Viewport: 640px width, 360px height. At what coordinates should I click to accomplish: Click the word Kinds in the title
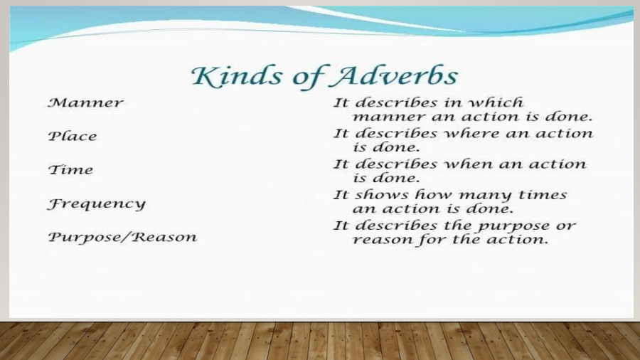click(x=228, y=76)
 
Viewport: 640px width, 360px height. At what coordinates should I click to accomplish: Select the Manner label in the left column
click(x=85, y=102)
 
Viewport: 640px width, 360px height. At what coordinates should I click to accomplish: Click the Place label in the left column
click(x=72, y=136)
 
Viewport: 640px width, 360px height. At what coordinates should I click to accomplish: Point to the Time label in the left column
click(x=70, y=169)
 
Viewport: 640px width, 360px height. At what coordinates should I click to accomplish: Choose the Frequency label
click(x=96, y=204)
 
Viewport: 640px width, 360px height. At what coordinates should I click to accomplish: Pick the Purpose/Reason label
click(x=122, y=237)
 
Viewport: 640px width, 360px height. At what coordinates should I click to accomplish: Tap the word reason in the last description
click(x=381, y=240)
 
